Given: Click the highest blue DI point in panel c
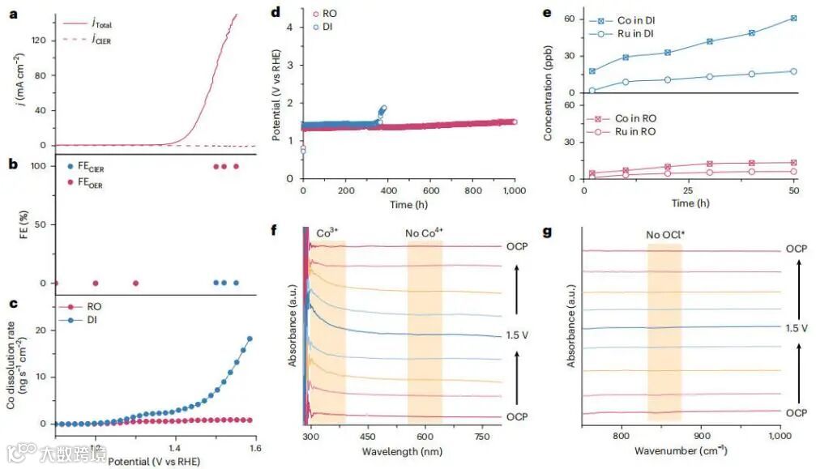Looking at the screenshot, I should (250, 339).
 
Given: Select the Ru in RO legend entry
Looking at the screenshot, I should (630, 131).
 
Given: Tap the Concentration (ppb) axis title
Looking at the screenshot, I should (549, 97).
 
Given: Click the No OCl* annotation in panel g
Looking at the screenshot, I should (664, 236).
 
